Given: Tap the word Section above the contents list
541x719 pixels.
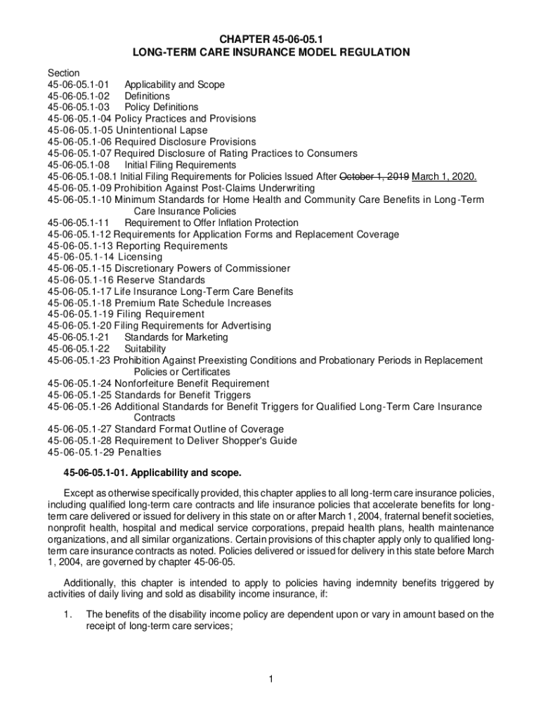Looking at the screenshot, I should [x=63, y=73].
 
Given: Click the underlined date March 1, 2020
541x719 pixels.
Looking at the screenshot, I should [x=445, y=176].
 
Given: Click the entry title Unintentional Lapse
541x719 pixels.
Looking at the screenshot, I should [x=161, y=130].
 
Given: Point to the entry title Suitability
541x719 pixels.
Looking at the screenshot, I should [x=145, y=349].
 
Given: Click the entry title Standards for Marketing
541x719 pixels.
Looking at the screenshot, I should [x=176, y=337].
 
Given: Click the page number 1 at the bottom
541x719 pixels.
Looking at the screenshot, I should [x=270, y=678].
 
